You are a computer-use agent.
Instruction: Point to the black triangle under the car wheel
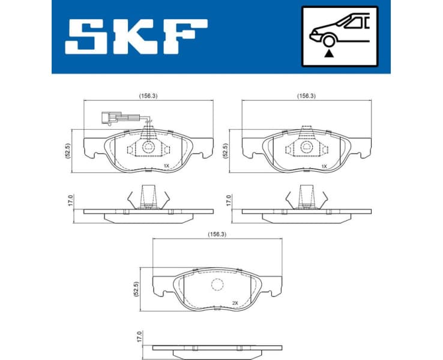click(328, 53)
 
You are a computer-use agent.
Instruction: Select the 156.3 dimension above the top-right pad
click(306, 95)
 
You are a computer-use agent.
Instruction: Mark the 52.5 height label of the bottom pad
click(137, 289)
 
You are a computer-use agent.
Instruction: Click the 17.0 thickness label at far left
click(70, 200)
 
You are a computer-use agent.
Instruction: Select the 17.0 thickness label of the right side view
click(228, 200)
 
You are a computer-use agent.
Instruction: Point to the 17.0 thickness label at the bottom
click(139, 336)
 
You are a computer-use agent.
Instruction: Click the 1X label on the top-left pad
click(166, 166)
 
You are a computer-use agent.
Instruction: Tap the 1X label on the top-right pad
click(324, 166)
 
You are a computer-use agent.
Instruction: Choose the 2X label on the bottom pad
click(235, 304)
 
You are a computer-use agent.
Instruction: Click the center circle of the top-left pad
click(147, 146)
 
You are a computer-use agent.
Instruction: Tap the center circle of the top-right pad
click(306, 146)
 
